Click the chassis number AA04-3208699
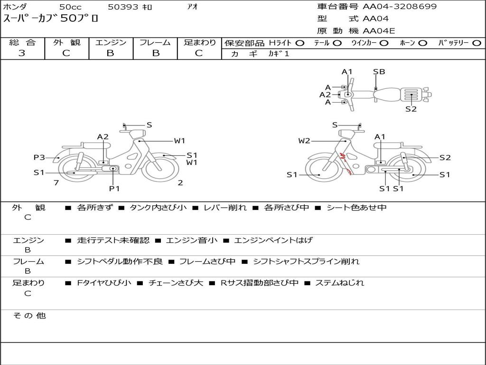point(400,7)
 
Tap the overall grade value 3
point(22,53)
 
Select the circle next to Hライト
point(300,43)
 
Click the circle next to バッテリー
point(477,43)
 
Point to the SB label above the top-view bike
point(379,72)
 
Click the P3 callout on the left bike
point(39,157)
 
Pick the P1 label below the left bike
point(114,188)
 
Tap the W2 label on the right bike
point(304,141)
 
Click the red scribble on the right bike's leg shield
point(346,163)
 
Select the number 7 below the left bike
point(56,182)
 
